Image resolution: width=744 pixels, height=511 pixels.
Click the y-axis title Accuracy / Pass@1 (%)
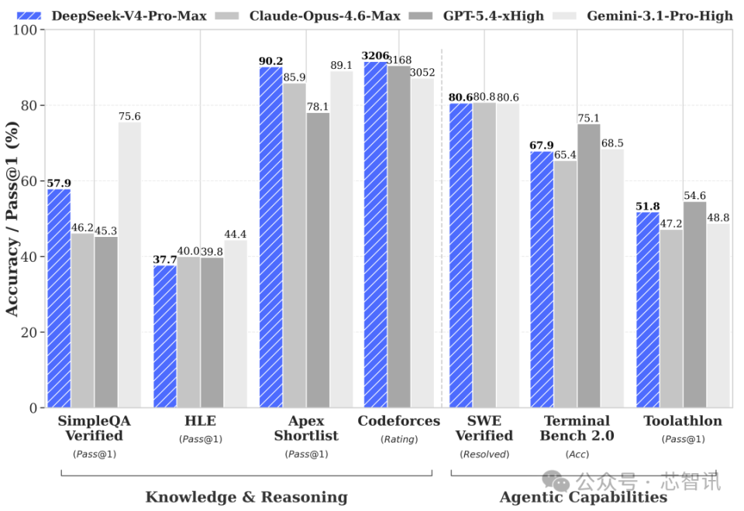[x=13, y=219]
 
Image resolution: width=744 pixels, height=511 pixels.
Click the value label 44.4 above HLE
[x=236, y=234]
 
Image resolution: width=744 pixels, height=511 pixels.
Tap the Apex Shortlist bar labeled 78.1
[x=318, y=260]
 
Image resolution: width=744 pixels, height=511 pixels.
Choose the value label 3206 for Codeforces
[x=376, y=55]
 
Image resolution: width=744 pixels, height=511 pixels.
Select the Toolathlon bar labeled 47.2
[x=671, y=318]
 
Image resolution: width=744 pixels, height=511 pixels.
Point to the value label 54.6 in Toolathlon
[x=695, y=195]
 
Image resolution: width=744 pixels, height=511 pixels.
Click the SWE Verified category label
[x=484, y=428]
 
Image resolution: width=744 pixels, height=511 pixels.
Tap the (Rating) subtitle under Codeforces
[x=399, y=439]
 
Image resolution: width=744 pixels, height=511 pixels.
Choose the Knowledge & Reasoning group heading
[x=246, y=496]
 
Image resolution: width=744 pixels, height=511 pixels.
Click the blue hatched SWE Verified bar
[x=461, y=255]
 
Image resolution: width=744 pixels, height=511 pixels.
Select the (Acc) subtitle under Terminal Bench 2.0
[x=577, y=454]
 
